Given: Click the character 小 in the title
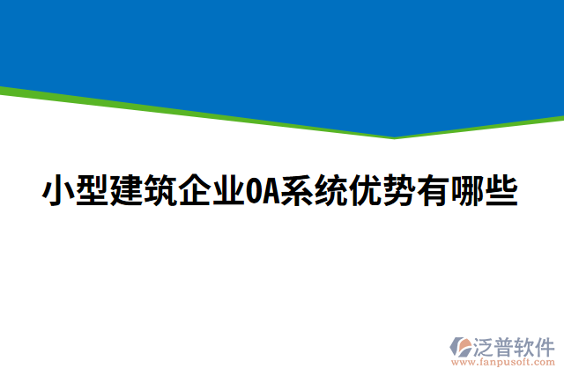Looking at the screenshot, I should (58, 191).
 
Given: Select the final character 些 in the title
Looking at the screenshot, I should (500, 191).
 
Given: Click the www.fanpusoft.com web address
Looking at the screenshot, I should (505, 361).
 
